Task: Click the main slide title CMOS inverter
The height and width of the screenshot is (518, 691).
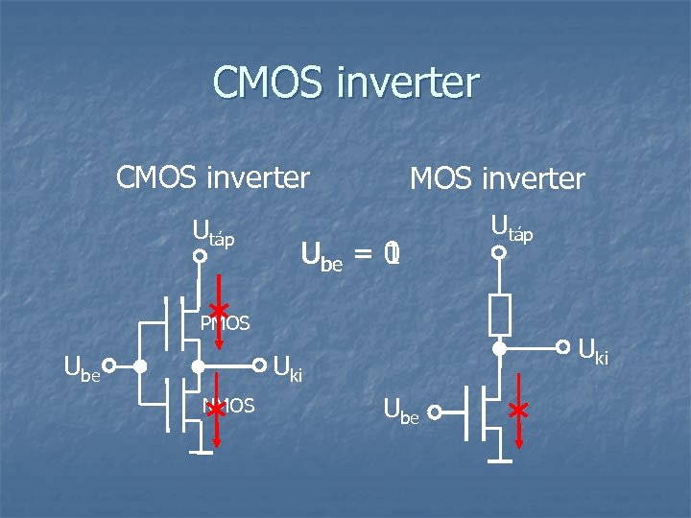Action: tap(345, 82)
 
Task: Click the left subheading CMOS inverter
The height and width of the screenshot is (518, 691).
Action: tap(212, 177)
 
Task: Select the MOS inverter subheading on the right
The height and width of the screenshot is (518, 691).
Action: tap(496, 178)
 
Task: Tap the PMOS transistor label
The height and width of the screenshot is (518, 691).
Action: tap(226, 324)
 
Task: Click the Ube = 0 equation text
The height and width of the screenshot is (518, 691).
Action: tap(350, 255)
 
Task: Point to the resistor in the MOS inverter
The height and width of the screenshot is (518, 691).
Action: tap(499, 314)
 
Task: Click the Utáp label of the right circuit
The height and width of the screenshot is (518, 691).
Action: tap(512, 227)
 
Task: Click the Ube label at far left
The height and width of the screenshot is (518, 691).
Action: tap(82, 367)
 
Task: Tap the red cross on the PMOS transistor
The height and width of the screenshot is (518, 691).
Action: tap(218, 311)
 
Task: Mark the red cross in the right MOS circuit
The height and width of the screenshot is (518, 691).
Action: tap(519, 412)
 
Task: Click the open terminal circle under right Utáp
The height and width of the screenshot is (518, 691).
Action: tap(499, 253)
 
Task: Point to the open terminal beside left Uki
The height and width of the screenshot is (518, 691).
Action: tap(259, 365)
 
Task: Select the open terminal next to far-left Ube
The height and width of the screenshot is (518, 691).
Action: tap(109, 365)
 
